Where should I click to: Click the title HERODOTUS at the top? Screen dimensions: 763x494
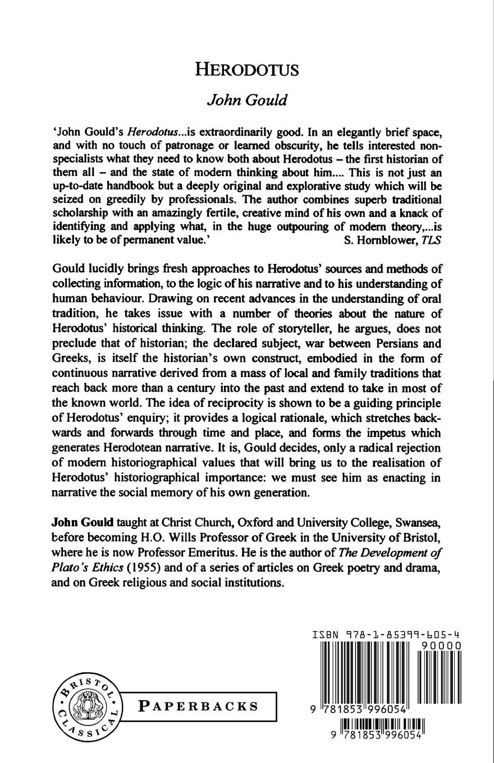(246, 70)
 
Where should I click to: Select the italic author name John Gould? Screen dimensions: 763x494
(247, 100)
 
